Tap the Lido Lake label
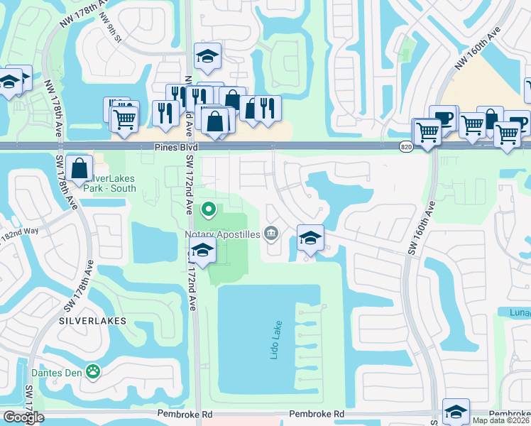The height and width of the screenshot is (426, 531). click(x=275, y=340)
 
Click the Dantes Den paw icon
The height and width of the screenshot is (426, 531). click(x=93, y=371)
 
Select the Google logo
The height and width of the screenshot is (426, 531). click(x=23, y=418)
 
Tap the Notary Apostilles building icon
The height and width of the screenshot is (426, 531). click(x=270, y=232)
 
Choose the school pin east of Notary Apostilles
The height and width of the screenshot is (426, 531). click(x=310, y=238)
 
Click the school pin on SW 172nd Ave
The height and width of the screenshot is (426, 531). click(x=203, y=251)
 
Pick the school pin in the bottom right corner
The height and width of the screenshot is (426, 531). click(x=456, y=411)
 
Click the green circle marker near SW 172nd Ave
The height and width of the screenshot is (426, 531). click(x=209, y=209)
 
